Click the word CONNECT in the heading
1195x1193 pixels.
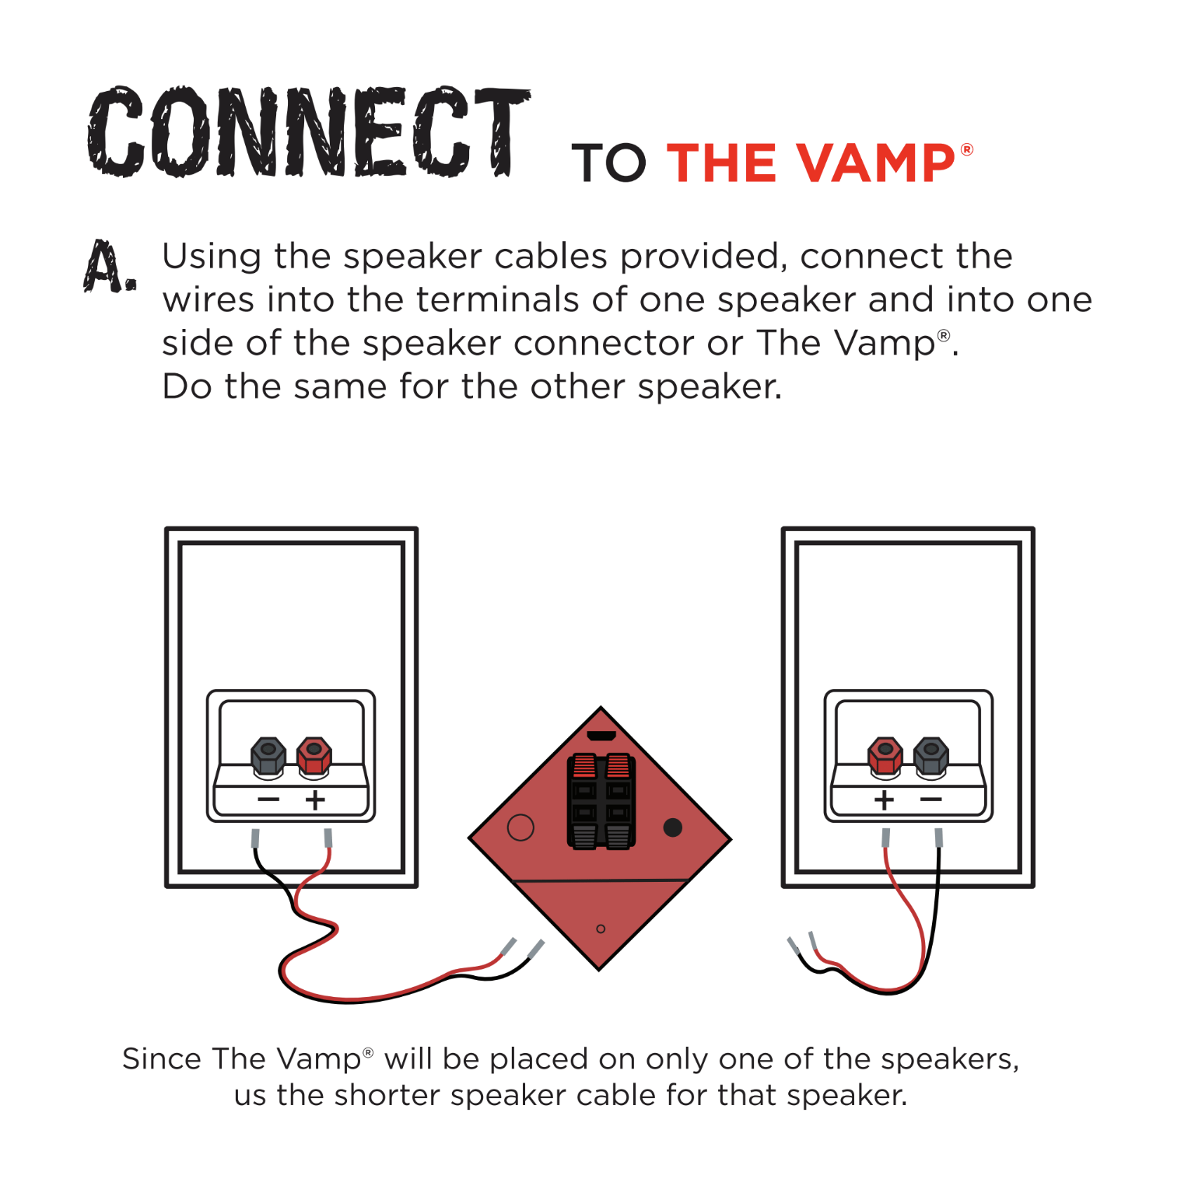tap(309, 131)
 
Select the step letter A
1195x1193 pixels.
tap(110, 266)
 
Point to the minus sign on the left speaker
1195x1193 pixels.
tap(268, 799)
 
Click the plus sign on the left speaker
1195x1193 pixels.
tap(315, 799)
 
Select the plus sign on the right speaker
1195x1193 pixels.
tap(885, 799)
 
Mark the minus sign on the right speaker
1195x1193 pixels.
tap(931, 799)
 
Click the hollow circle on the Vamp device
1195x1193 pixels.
tap(520, 827)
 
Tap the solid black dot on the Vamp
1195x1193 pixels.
tap(673, 827)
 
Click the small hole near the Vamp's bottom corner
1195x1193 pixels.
tap(601, 929)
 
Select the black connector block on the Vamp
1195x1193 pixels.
tap(601, 801)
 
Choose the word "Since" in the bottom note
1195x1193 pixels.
tap(161, 1059)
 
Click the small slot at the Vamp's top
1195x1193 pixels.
tap(601, 736)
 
